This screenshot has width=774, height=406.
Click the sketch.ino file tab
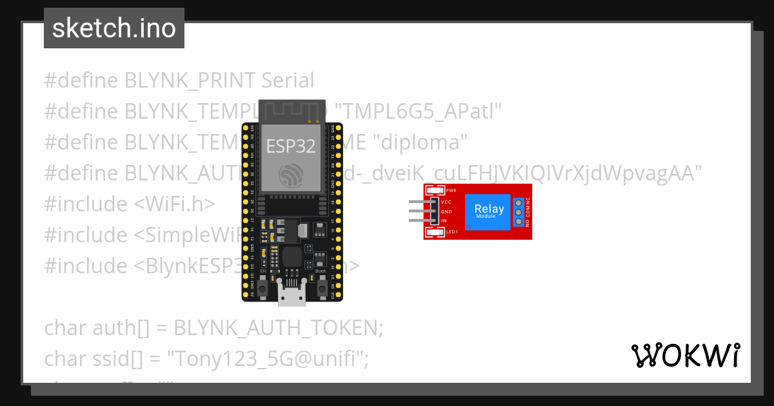click(x=114, y=28)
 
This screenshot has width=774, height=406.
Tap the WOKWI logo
click(x=685, y=355)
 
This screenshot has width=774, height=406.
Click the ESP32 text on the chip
click(x=292, y=146)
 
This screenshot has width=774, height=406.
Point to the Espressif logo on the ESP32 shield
click(x=292, y=175)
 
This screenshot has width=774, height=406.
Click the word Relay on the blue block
click(x=489, y=209)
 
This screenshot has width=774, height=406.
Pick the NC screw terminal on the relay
click(x=518, y=201)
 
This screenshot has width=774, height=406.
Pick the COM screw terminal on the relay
click(x=518, y=211)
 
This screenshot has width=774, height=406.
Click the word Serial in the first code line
click(x=288, y=81)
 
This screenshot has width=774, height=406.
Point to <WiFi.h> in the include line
click(x=175, y=204)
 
